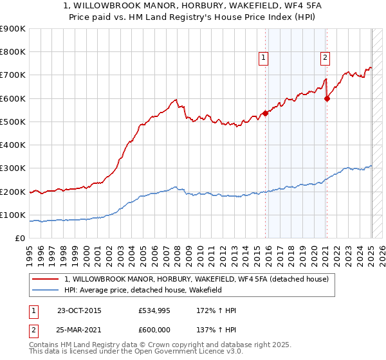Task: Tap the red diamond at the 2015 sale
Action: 265,113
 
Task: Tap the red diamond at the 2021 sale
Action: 327,98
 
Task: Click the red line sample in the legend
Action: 47,278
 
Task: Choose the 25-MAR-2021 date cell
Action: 79,329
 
